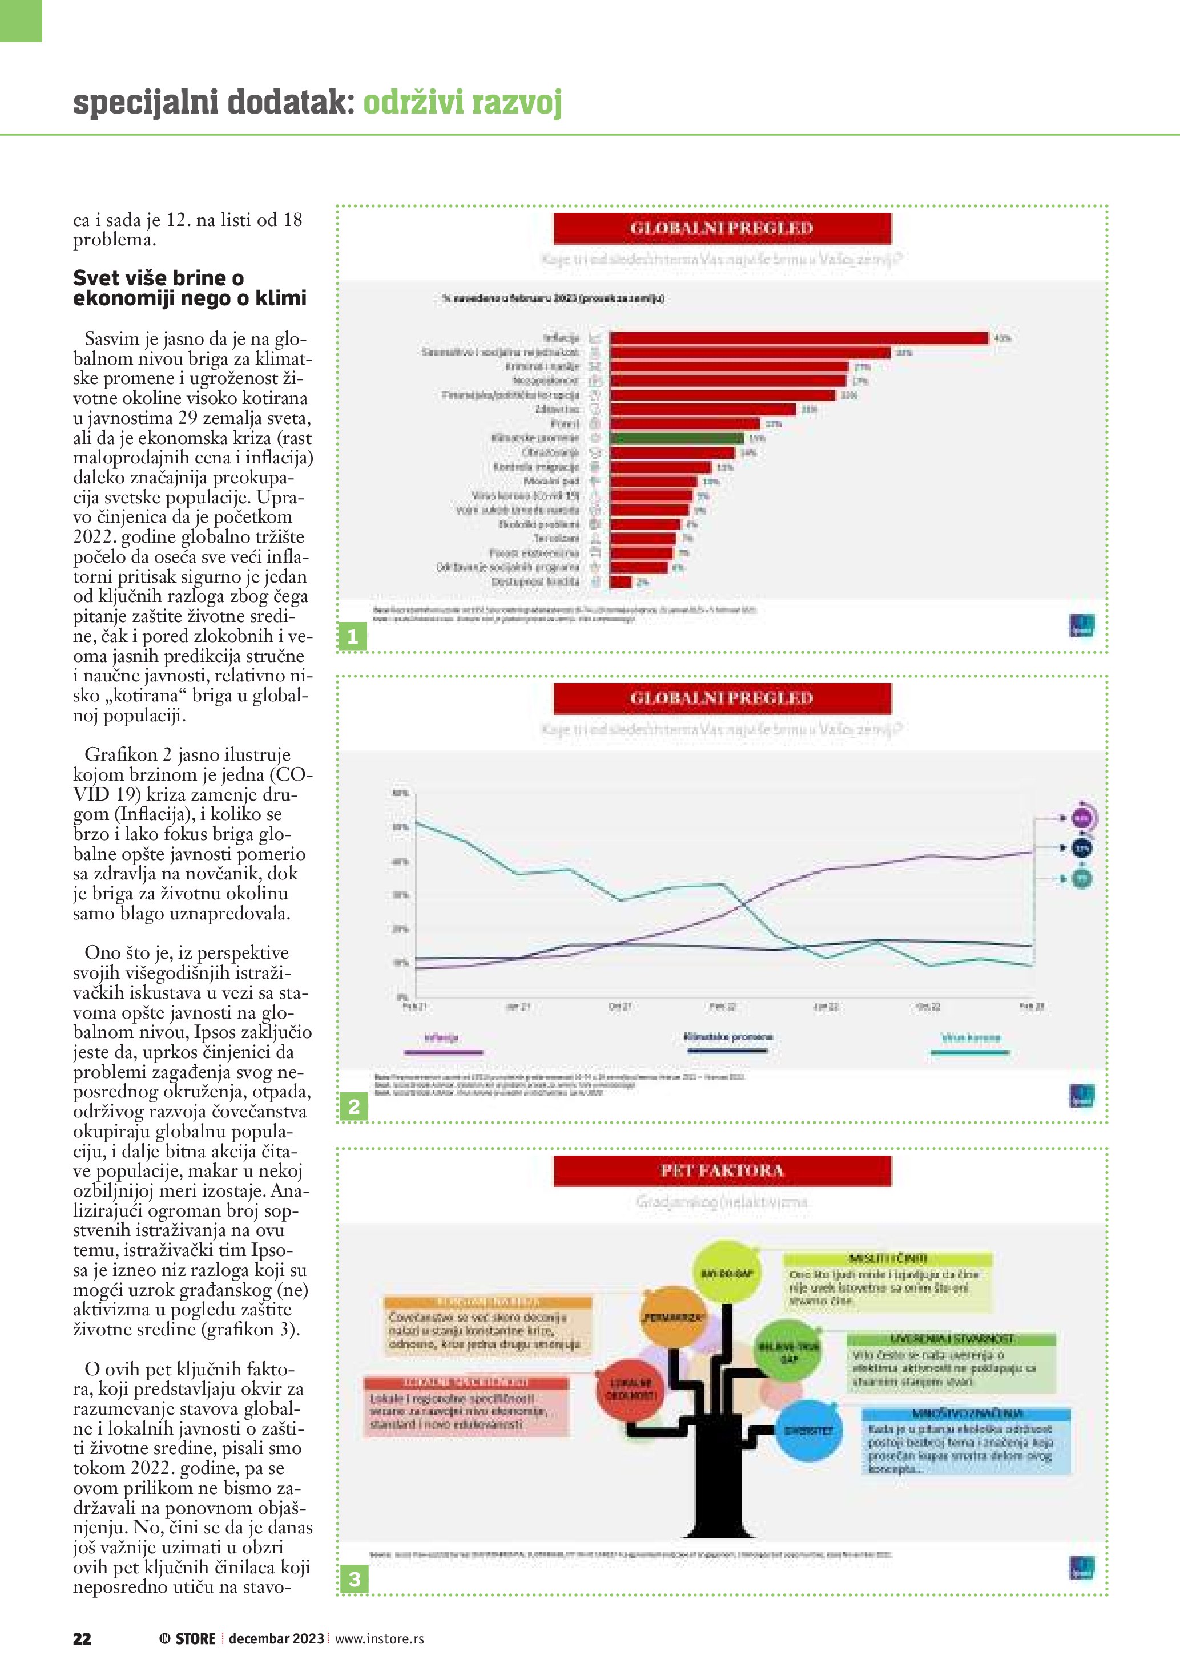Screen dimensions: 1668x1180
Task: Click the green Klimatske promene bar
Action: pos(676,438)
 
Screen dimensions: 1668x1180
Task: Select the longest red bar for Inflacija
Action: pos(799,338)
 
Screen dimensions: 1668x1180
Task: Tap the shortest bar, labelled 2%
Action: pos(621,581)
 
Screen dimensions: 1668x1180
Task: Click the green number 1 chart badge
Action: pos(352,636)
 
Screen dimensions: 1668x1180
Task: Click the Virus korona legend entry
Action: pos(970,1038)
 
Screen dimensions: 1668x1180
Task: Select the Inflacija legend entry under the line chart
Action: pos(442,1038)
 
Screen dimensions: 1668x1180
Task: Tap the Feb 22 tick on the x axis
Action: pos(722,1006)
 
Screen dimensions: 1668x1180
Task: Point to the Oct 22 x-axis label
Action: pos(928,1006)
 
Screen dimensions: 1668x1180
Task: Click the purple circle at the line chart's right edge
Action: pos(1082,818)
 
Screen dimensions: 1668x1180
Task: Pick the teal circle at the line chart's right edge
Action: pos(1082,878)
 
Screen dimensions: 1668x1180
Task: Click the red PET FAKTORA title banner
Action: pos(722,1170)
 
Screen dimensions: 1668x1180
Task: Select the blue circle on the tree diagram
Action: pos(808,1431)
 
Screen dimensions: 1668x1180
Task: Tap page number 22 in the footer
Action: pos(82,1638)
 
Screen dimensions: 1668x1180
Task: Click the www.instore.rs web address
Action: pos(379,1638)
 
